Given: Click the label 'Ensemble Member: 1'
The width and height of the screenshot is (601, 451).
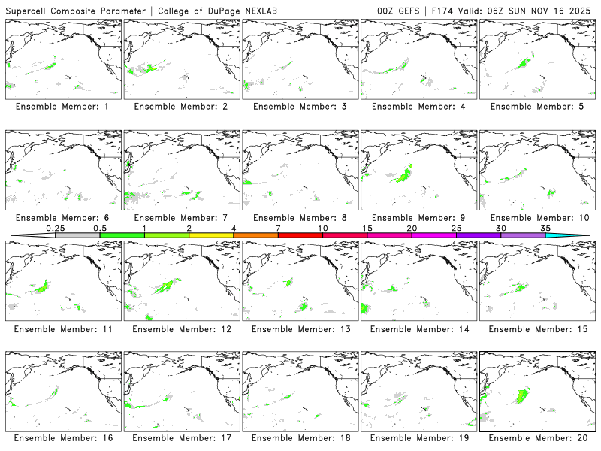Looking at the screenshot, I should point(62,107).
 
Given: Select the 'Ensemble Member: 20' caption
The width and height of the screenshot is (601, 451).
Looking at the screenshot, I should point(536,438).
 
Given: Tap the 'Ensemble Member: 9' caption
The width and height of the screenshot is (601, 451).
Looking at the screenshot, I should point(418,218).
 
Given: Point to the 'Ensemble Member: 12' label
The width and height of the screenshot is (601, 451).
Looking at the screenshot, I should point(180,328).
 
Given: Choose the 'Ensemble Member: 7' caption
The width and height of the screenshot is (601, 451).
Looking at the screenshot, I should point(180,218).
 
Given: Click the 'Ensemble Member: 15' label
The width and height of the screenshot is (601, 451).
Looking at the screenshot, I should point(536,328).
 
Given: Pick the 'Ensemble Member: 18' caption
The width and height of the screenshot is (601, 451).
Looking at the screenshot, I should point(299,438).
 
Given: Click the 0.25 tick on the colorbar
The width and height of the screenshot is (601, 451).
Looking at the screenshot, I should point(55,228).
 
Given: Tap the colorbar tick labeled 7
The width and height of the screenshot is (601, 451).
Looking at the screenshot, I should point(278,228).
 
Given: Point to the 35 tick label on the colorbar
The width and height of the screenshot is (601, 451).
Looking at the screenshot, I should point(545,228).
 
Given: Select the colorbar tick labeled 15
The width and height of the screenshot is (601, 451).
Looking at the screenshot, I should point(367,228).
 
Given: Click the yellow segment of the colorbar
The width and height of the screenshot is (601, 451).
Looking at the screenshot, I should point(211,235).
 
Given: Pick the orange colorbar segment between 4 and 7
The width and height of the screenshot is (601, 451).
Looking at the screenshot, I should point(255,235).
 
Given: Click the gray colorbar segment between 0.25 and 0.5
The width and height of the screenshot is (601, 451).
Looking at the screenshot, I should point(77,235).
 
